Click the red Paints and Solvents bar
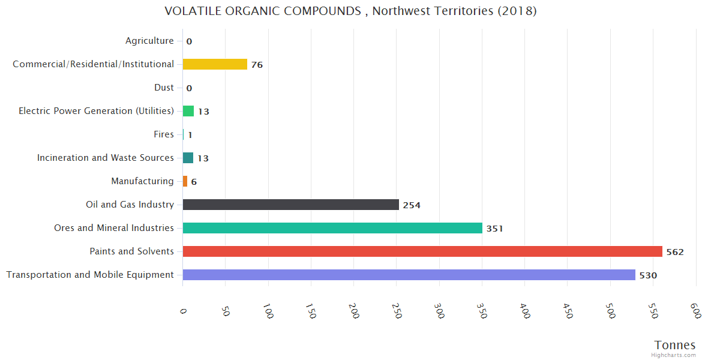click(422, 251)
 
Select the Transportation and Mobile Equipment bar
click(409, 275)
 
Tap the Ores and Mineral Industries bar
click(332, 228)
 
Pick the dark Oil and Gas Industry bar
click(291, 205)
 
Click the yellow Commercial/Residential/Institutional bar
click(215, 64)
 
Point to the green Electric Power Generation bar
click(188, 111)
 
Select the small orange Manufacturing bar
click(185, 181)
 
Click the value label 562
click(675, 252)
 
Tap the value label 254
click(412, 205)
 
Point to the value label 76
click(257, 65)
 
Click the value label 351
click(494, 229)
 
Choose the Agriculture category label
click(149, 41)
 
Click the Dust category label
click(164, 88)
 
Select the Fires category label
click(164, 134)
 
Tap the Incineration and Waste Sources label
click(106, 158)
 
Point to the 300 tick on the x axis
click(440, 310)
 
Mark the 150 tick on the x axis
click(311, 310)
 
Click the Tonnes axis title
click(675, 345)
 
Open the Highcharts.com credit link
click(674, 355)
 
